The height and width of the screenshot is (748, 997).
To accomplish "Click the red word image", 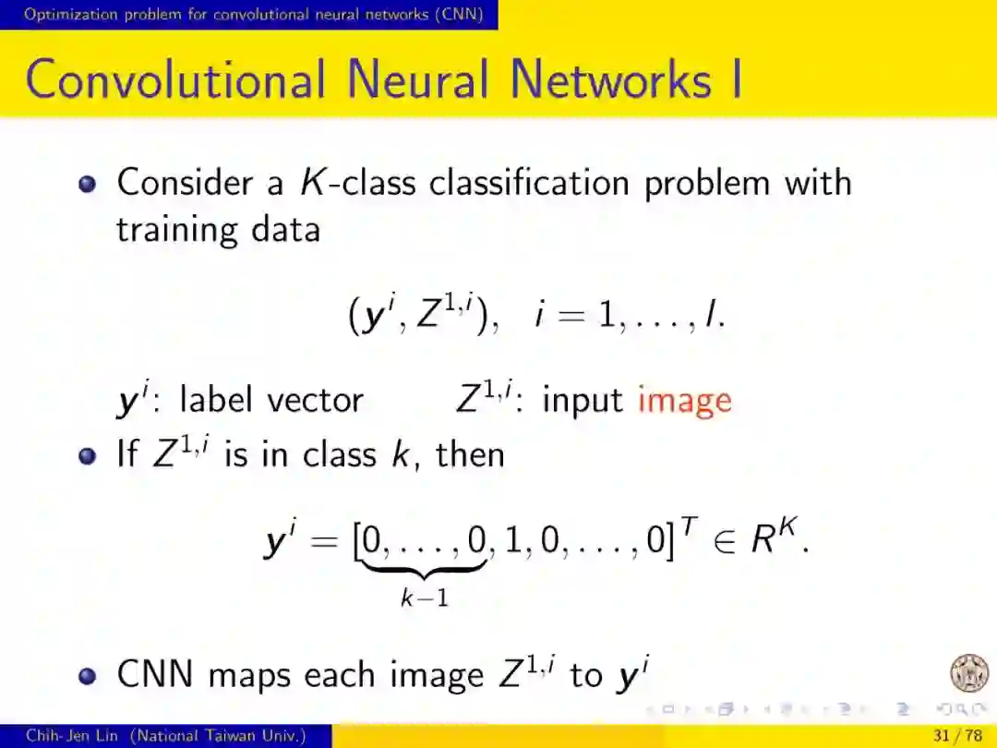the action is point(684,401).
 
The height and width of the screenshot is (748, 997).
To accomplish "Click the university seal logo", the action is point(968,672).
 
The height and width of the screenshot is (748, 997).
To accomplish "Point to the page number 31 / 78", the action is point(958,736).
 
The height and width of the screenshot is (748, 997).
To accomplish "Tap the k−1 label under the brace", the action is point(425,597).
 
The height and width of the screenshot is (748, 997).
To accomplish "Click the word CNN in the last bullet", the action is point(156,675).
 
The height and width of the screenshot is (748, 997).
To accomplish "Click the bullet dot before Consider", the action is point(88,183).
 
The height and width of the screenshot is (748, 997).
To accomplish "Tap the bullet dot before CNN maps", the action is point(88,676).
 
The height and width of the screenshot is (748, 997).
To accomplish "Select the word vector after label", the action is point(315,401).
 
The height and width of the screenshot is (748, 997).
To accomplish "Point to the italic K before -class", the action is point(312,182).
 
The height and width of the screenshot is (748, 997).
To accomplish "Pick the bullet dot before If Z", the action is point(88,455).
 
